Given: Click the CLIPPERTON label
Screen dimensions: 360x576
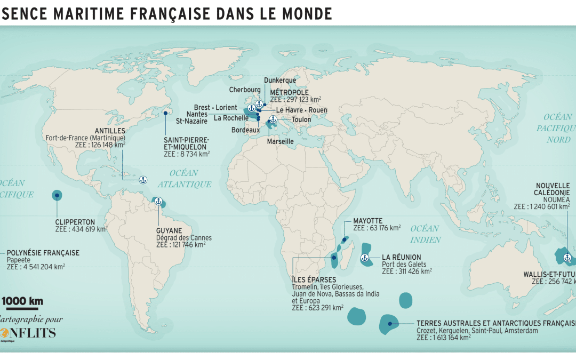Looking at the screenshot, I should pos(75,222).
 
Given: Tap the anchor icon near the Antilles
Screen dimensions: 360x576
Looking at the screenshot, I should pos(142,180).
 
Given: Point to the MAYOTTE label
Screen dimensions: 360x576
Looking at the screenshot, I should pos(368,221).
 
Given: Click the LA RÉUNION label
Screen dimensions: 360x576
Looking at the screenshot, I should pos(401,257).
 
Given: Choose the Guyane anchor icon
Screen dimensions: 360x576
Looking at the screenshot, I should pos(158,202).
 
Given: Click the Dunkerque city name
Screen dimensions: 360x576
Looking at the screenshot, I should pos(280,81).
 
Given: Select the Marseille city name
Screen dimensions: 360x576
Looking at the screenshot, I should pos(281,141).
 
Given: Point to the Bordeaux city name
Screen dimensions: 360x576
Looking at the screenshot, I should pos(245,130).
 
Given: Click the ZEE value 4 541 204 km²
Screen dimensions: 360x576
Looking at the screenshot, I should pos(36,267).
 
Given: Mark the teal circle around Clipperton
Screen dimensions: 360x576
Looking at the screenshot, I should pos(57,195).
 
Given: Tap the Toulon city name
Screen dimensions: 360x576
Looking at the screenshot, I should pos(301,119).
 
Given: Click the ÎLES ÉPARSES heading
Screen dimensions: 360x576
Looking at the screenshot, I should pos(314,279).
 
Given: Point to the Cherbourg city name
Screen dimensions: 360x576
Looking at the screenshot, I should pos(245,90).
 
